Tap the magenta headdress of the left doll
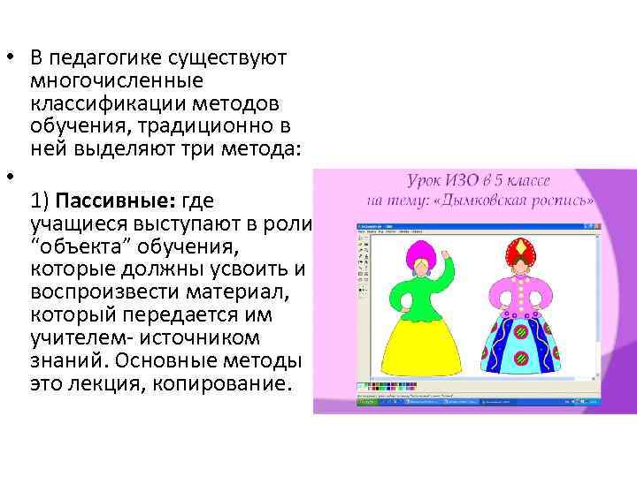(411, 252)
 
